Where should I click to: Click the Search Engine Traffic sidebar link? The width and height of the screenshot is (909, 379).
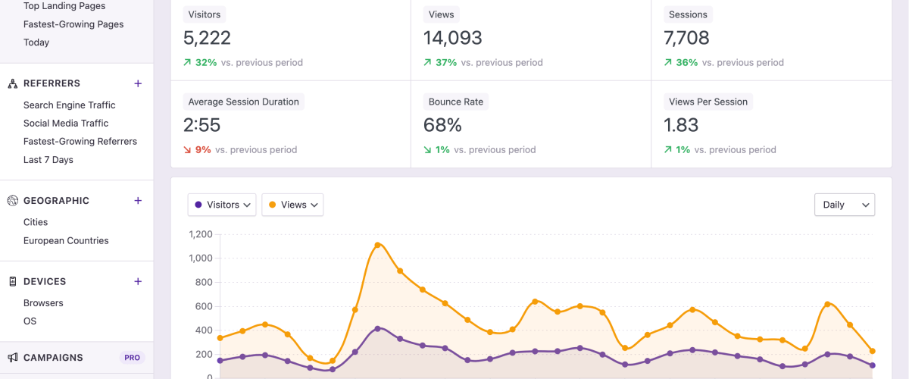click(69, 105)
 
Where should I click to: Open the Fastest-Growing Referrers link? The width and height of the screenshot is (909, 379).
click(80, 142)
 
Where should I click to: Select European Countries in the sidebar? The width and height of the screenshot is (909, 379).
click(66, 241)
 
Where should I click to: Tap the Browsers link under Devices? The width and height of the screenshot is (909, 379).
click(43, 303)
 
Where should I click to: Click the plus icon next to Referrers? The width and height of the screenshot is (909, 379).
click(138, 83)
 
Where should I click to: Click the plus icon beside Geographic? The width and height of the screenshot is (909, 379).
click(138, 201)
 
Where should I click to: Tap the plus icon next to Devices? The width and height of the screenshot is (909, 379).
click(138, 281)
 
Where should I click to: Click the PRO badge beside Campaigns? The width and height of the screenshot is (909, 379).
click(132, 358)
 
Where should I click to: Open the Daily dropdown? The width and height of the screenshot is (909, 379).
click(844, 205)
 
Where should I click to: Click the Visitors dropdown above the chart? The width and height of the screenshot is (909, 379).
click(222, 205)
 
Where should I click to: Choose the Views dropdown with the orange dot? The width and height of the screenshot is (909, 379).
click(292, 205)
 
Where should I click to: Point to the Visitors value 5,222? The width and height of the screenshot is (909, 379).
click(207, 38)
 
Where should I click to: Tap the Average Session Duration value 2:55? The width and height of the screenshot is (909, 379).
click(201, 125)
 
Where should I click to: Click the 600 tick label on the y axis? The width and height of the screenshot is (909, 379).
click(203, 306)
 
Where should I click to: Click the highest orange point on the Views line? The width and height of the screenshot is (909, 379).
click(377, 245)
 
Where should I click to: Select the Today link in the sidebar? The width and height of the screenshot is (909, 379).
click(36, 42)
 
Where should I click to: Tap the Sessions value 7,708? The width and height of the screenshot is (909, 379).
click(686, 38)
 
